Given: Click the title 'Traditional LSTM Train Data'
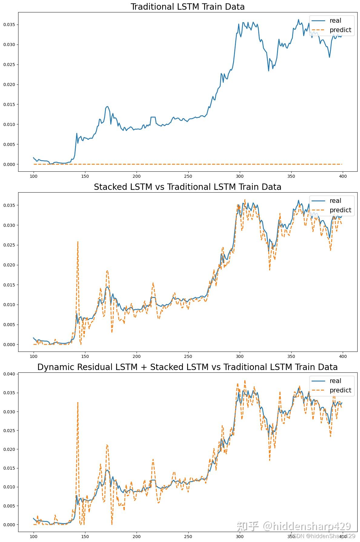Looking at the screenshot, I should pyautogui.click(x=187, y=7).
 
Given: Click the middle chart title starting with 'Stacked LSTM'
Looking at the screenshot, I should pyautogui.click(x=187, y=187).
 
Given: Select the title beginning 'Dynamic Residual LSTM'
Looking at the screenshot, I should pyautogui.click(x=187, y=367).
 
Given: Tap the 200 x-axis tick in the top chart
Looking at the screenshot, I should pyautogui.click(x=137, y=177).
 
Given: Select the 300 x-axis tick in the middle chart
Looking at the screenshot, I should pyautogui.click(x=240, y=357).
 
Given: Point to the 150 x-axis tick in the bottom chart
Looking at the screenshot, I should pyautogui.click(x=85, y=537).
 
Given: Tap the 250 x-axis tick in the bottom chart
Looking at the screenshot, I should pyautogui.click(x=188, y=537).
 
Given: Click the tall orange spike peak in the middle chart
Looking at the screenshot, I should pyautogui.click(x=78, y=242).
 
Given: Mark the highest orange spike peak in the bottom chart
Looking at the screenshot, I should pyautogui.click(x=78, y=402).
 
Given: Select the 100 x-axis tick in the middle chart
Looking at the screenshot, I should pyautogui.click(x=33, y=357).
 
